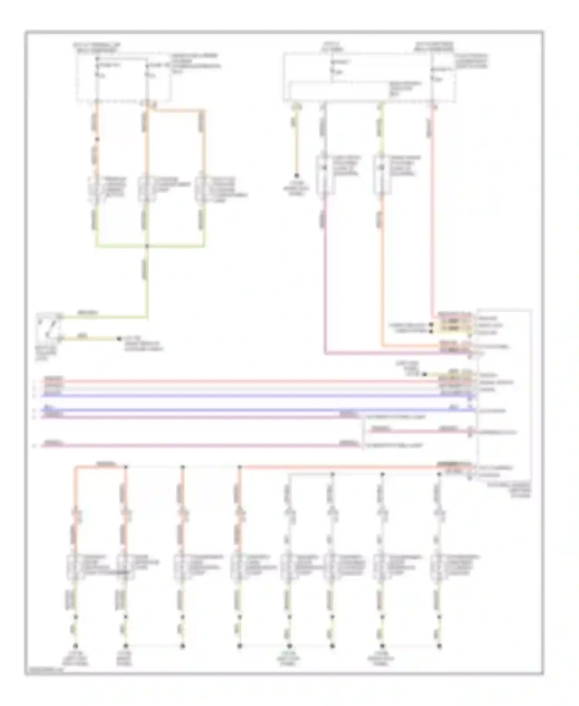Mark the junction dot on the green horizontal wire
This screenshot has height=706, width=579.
click(x=147, y=246)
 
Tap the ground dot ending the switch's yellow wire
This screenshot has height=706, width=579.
click(x=119, y=339)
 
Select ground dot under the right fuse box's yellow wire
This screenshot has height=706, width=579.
click(x=296, y=175)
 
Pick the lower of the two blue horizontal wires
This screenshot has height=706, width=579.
click(x=255, y=410)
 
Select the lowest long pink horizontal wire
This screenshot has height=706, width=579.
click(x=193, y=446)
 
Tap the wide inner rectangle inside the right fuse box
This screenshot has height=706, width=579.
click(x=340, y=91)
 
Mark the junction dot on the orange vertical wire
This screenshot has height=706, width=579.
click(x=97, y=139)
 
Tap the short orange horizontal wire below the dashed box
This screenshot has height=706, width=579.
click(x=178, y=110)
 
